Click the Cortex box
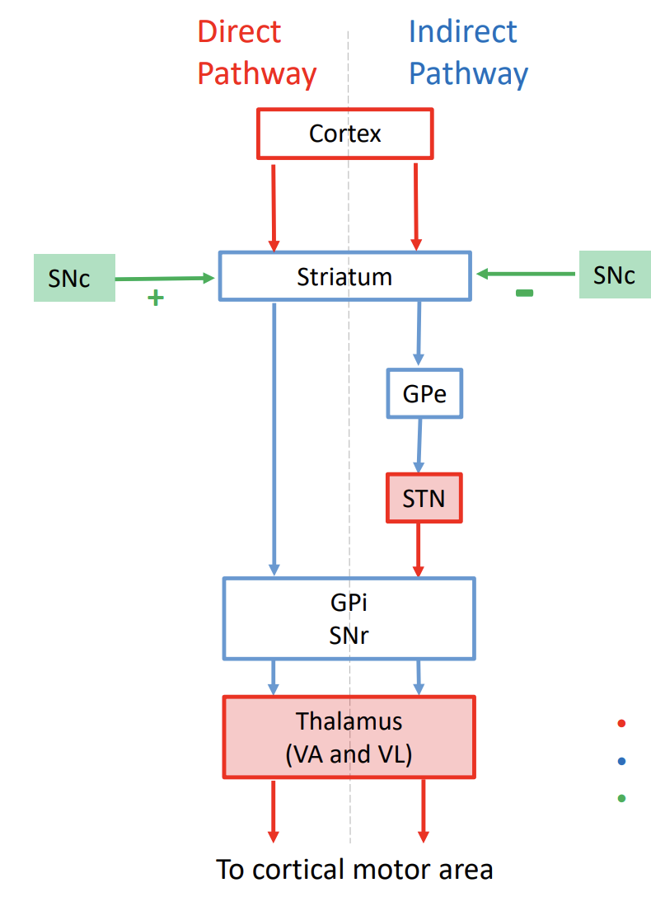[x=345, y=133]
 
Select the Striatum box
[x=344, y=276]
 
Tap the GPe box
[x=424, y=393]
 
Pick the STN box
[x=424, y=498]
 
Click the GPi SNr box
[x=349, y=618]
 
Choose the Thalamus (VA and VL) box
[x=349, y=737]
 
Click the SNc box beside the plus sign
[x=73, y=278]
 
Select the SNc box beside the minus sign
[x=614, y=275]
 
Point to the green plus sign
[x=155, y=298]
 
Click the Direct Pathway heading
[x=256, y=53]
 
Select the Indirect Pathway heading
[x=467, y=53]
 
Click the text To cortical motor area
[x=354, y=869]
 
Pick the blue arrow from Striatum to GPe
[x=419, y=334]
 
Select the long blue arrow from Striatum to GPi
[x=274, y=437]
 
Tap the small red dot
[x=621, y=723]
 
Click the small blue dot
[x=621, y=760]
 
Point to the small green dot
[x=621, y=797]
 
